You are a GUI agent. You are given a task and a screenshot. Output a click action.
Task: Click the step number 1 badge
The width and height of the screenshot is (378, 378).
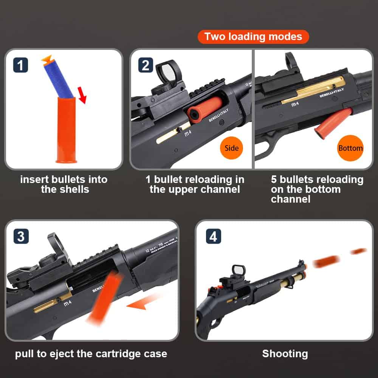tap(20, 65)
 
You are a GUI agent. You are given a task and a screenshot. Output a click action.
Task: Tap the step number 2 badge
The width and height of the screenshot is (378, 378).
tap(145, 65)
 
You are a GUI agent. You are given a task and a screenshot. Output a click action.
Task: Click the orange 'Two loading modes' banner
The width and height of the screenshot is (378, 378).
tap(253, 37)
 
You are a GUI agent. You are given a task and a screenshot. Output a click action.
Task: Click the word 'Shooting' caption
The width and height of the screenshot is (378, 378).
tap(285, 354)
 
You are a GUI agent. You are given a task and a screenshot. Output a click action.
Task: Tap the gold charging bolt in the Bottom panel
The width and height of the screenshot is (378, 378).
tap(314, 90)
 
